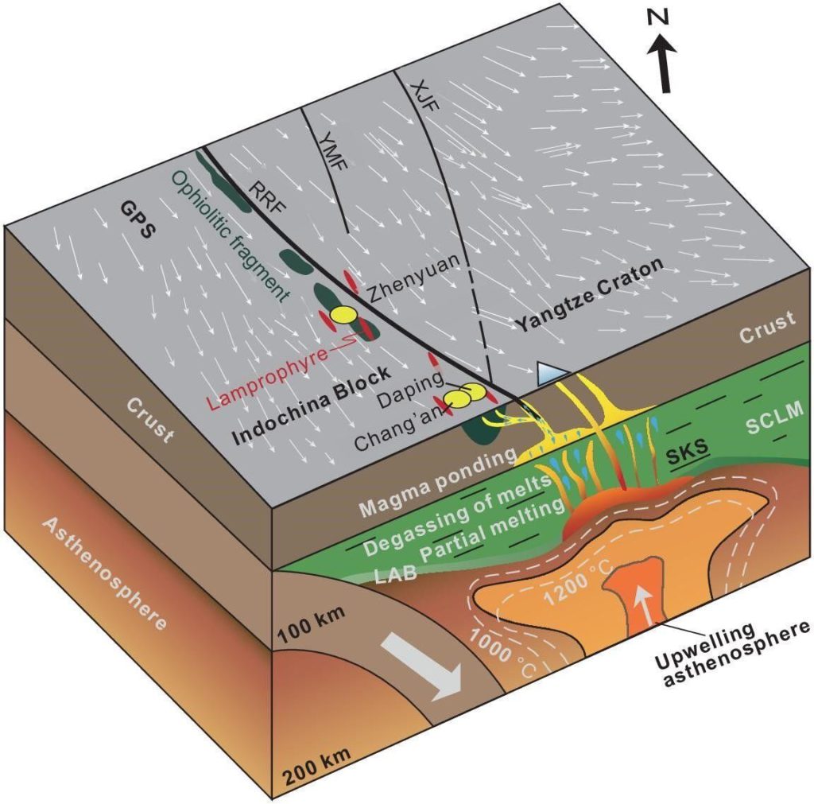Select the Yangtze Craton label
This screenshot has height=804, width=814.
click(587, 297)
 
